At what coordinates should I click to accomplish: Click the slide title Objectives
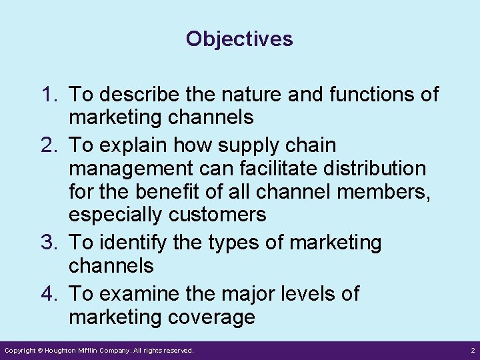point(239,39)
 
